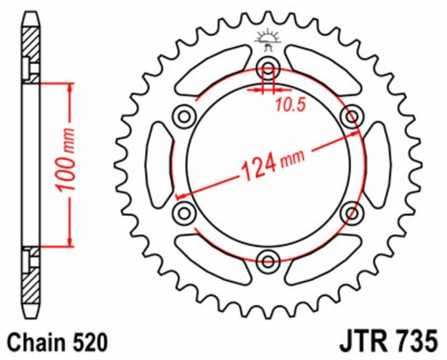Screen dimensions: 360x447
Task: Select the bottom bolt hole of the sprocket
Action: click(x=268, y=260)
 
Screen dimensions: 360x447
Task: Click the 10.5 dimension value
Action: click(x=289, y=104)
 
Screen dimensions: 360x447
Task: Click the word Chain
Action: click(x=32, y=341)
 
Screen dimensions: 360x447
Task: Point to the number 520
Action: click(x=85, y=341)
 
